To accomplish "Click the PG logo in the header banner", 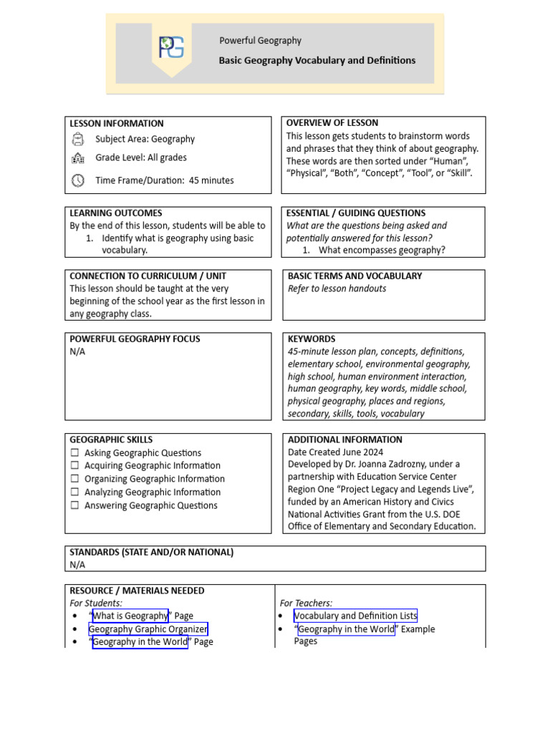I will coord(171,47).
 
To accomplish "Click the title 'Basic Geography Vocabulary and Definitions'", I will coord(317,61).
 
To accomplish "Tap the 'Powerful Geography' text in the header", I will coord(260,41).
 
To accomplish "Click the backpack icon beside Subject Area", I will coord(78,139).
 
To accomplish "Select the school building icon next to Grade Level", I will coord(78,158).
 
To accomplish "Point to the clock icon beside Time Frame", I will coord(78,180).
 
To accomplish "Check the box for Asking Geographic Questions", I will coord(75,453).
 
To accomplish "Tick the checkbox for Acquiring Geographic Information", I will coord(75,466).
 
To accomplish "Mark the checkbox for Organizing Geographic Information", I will coord(75,479).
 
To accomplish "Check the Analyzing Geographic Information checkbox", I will coord(75,492).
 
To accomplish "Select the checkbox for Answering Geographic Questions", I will coord(75,505).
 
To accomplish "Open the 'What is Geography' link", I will coord(130,616).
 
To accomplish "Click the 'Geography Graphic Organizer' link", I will coord(148,629).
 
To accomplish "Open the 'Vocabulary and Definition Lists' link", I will coord(355,616).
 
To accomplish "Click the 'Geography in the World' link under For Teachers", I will coord(346,629).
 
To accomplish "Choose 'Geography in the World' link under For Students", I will coord(140,642).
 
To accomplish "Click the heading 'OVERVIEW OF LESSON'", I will coord(332,123).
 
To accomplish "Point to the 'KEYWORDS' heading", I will coord(312,339).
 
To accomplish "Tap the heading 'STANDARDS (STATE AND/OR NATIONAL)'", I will coord(151,553).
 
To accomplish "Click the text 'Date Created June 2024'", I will coord(335,452).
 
